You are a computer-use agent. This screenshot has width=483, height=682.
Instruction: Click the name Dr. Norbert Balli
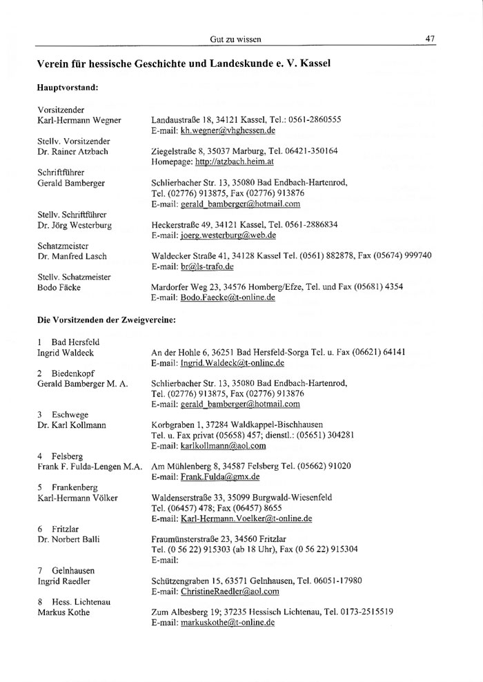click(x=66, y=538)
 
